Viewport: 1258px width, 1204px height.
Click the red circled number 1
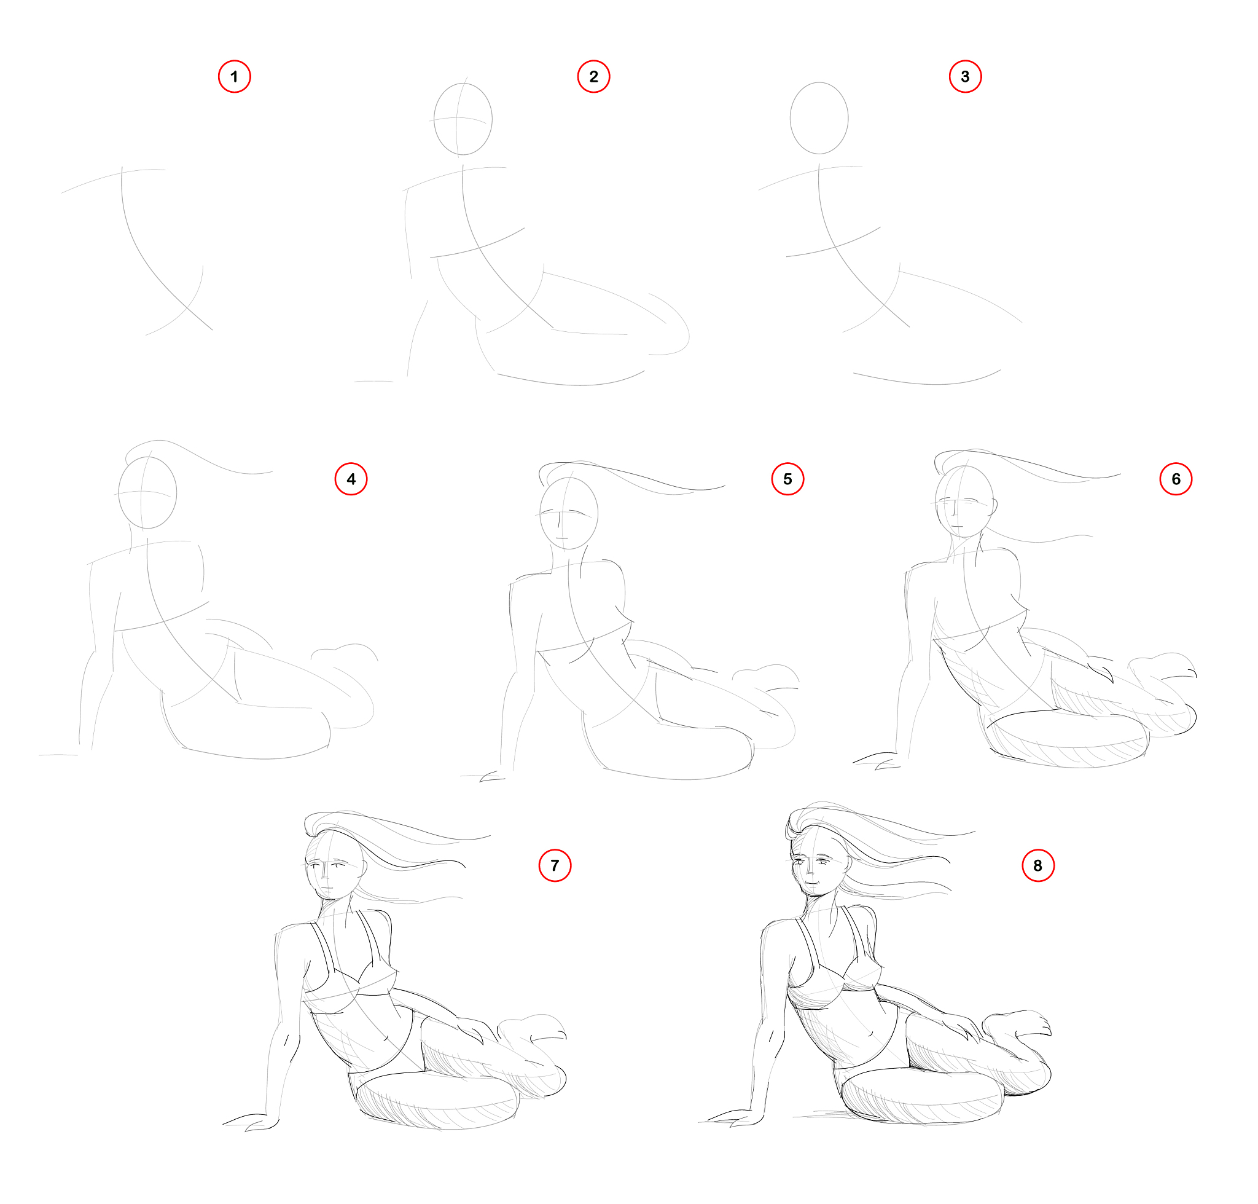click(x=234, y=76)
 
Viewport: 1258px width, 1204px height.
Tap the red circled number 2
click(x=593, y=76)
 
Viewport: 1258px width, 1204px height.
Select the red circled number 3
click(x=965, y=76)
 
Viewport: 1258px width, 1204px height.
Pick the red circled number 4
click(x=351, y=479)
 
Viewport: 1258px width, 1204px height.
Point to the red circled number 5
click(x=787, y=479)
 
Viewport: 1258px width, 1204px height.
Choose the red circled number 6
click(x=1176, y=479)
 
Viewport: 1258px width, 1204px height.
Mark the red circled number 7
click(x=554, y=865)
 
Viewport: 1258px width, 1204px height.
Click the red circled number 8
click(x=1037, y=865)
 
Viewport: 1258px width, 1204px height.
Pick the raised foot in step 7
click(x=531, y=1028)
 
